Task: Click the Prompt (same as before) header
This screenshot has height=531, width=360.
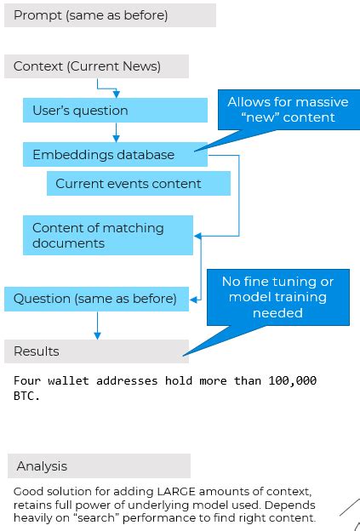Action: tap(110, 15)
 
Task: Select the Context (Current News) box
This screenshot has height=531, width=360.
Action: tap(96, 66)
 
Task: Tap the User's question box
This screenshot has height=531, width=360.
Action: tap(115, 111)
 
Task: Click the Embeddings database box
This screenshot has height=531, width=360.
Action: tap(115, 155)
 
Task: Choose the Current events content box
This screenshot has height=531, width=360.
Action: tap(138, 184)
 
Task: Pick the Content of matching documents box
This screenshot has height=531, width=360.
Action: tap(108, 236)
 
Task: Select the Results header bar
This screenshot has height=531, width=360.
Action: tap(96, 351)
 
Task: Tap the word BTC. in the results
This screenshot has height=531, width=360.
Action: tap(28, 396)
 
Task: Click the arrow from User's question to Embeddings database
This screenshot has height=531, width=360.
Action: tap(116, 132)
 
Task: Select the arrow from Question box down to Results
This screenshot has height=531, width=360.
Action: tap(97, 324)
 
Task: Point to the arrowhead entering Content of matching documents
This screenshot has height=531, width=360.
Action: tap(198, 235)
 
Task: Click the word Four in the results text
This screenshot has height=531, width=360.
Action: tap(28, 380)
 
